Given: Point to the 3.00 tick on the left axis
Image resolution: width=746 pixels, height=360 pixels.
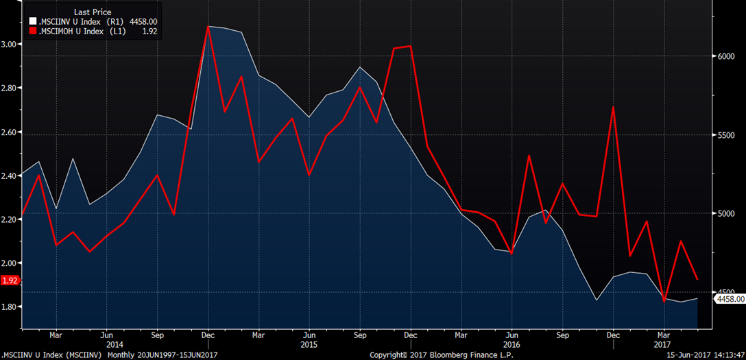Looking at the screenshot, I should [x=10, y=45].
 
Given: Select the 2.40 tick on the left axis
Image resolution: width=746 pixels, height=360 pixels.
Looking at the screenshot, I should [x=10, y=176].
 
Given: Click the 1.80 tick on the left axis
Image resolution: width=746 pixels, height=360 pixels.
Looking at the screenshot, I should [x=10, y=307].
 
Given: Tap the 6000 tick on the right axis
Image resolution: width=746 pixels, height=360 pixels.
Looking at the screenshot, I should [x=726, y=57].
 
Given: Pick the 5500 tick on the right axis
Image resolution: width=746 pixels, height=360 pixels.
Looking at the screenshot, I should [x=726, y=136].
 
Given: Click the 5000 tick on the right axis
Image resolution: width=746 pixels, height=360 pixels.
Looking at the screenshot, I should [x=726, y=214].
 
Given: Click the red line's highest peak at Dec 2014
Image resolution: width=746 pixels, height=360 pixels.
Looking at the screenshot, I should [x=207, y=27].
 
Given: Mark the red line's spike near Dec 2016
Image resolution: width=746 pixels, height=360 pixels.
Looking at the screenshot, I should [x=614, y=107].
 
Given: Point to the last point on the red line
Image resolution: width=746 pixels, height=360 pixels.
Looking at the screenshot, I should [x=697, y=279].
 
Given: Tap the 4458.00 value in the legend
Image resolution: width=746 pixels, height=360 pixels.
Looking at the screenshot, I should [x=143, y=21].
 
